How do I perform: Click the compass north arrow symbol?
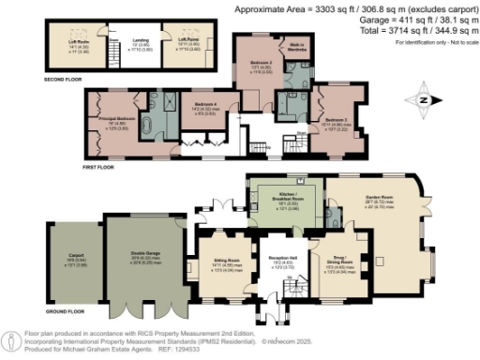(x=426, y=97)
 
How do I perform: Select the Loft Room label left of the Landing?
(x=77, y=40)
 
